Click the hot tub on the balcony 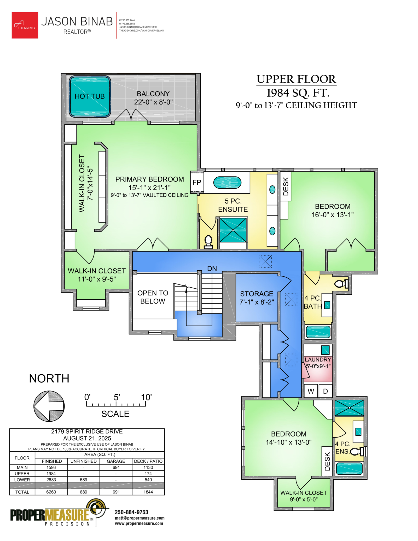click(90, 96)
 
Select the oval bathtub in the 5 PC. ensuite click(227, 183)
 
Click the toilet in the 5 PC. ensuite click(208, 242)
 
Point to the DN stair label click(212, 269)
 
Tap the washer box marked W click(311, 391)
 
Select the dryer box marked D click(325, 391)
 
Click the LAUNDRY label click(318, 359)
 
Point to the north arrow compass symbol click(49, 406)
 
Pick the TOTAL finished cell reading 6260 click(51, 492)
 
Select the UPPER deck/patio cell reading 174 click(148, 473)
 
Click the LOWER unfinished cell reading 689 click(84, 480)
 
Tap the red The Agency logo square click(25, 25)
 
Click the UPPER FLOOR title click(296, 79)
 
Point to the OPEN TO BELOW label click(153, 297)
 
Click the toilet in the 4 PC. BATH click(341, 283)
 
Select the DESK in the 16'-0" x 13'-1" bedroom click(286, 186)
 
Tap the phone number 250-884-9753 click(131, 512)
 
